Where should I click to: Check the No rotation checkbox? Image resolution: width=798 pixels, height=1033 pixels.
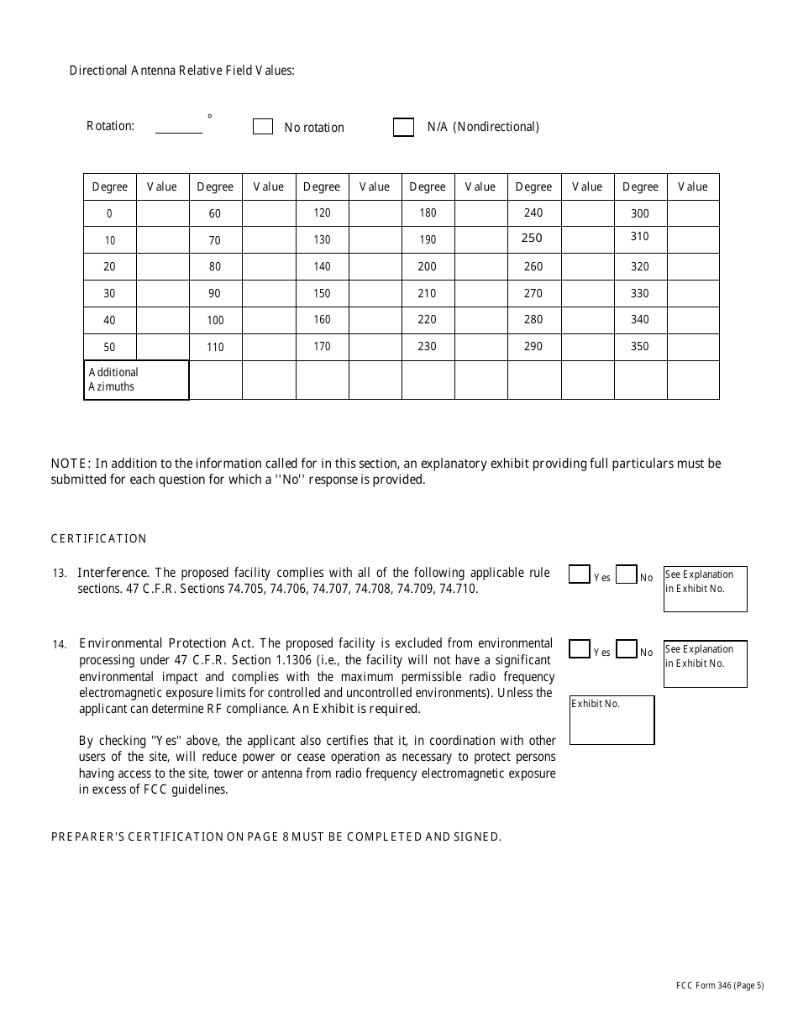click(263, 127)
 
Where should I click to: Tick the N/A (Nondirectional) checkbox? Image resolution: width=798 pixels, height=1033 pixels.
click(403, 127)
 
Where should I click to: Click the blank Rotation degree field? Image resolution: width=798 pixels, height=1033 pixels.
click(179, 126)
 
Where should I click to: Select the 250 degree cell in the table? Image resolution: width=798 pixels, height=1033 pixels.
click(533, 239)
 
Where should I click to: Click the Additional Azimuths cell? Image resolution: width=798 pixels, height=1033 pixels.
click(136, 380)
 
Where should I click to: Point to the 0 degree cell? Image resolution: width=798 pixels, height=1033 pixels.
click(109, 213)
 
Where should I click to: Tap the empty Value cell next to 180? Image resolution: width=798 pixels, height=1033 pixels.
click(480, 213)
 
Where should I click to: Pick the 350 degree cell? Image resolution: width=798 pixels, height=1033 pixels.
click(640, 347)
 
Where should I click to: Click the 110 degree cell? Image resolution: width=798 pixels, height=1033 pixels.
click(215, 347)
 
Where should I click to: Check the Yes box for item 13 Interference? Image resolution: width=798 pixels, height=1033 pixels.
click(579, 574)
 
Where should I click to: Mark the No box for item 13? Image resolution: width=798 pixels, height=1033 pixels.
click(626, 574)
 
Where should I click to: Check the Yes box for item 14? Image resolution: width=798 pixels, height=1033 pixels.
click(579, 649)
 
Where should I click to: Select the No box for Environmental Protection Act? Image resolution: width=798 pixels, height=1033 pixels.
click(626, 649)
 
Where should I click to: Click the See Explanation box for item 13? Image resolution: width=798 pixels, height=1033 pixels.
click(705, 589)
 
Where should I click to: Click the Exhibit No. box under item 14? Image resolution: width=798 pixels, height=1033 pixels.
click(612, 720)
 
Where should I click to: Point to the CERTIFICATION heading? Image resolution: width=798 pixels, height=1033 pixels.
click(99, 538)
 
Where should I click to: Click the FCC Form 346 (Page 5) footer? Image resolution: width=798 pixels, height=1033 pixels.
click(720, 986)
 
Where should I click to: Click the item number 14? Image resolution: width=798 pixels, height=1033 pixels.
click(59, 644)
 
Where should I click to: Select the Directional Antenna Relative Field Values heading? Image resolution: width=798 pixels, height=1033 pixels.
click(181, 71)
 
